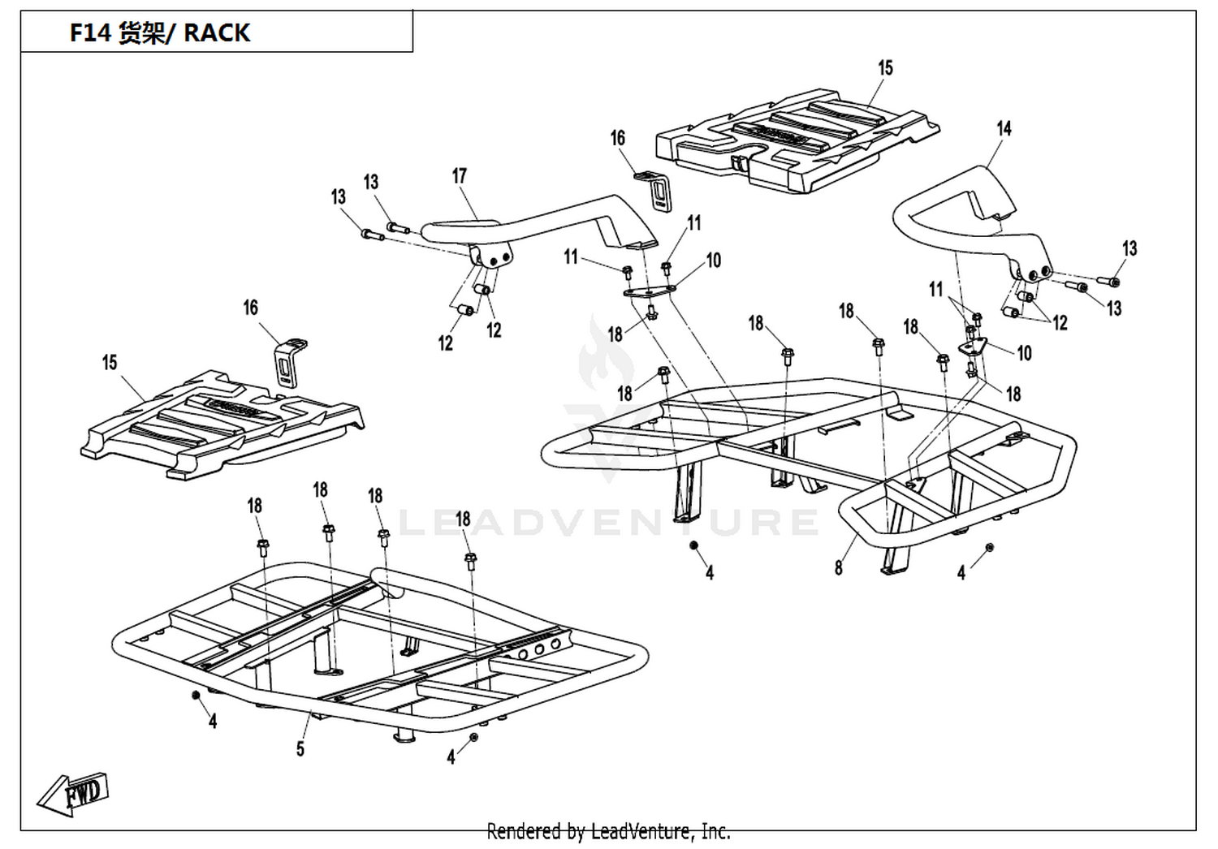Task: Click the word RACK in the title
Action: [217, 32]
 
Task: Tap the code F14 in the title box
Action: [90, 32]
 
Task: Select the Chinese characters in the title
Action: [140, 32]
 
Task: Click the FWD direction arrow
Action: [73, 795]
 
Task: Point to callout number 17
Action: [460, 175]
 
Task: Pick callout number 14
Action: [1004, 129]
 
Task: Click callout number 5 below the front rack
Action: [300, 749]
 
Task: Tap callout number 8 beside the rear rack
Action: [839, 568]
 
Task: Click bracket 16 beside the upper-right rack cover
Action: [654, 190]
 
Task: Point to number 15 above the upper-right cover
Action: [886, 68]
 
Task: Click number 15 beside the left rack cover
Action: [110, 363]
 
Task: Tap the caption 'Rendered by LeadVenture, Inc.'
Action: [608, 832]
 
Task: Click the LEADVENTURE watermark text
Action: [609, 522]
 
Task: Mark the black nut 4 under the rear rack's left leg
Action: [693, 545]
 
